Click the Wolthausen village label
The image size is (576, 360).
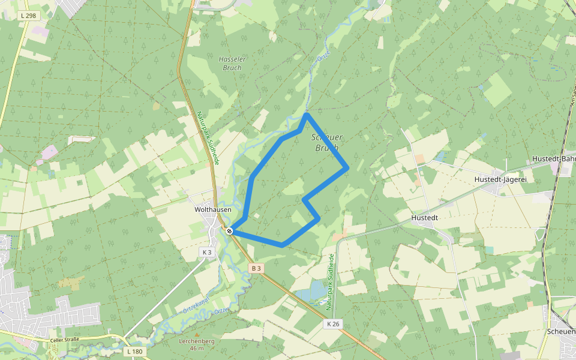coord(209,210)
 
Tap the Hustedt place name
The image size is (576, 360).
coord(425,218)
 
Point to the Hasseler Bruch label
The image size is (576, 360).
coord(230,64)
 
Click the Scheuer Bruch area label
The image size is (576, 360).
coord(327,142)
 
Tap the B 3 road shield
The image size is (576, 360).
coord(257,268)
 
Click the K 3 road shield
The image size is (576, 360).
coord(207,252)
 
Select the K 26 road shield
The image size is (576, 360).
coord(333,324)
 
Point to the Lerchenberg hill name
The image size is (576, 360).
coord(196,341)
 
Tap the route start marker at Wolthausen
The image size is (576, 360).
coord(229,230)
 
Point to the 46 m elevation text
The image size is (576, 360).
coord(196,348)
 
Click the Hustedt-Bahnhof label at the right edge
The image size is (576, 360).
coord(553,159)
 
